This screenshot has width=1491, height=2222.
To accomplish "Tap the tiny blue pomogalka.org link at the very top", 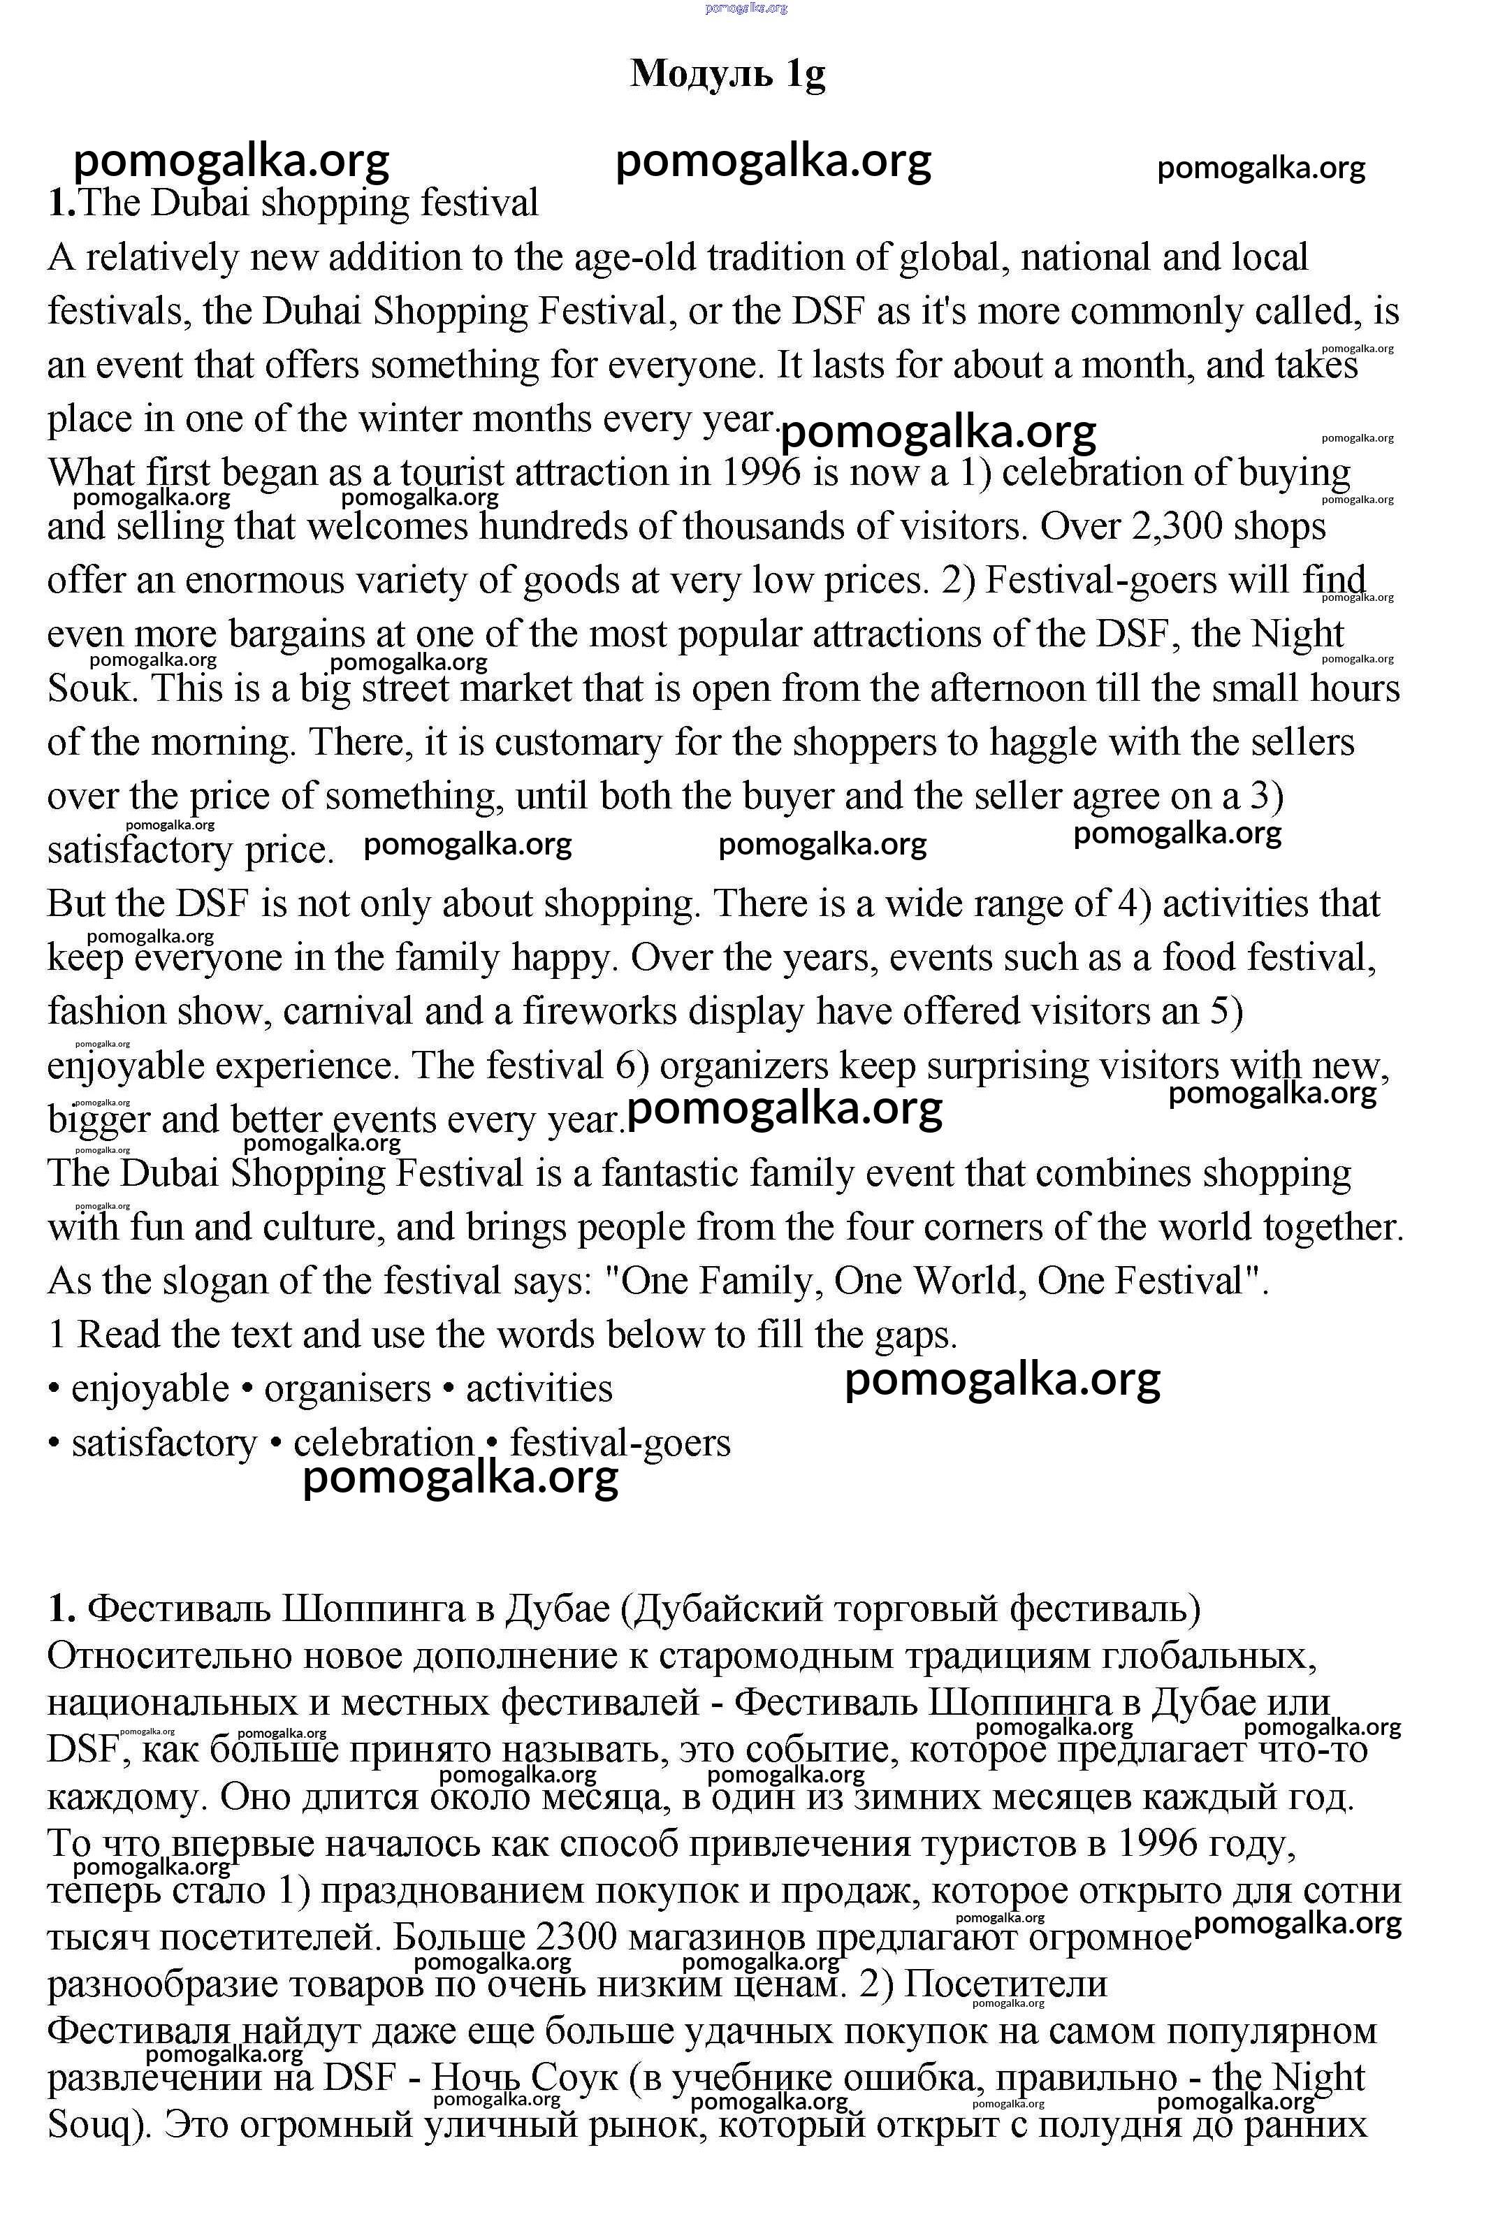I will click(746, 8).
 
